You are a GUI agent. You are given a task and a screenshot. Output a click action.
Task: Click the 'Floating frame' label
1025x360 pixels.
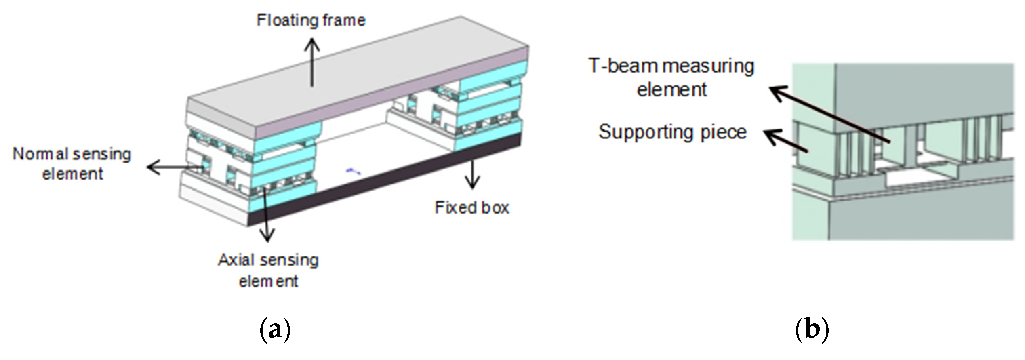tap(311, 20)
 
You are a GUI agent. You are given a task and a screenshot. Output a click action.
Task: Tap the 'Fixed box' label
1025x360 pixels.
tap(471, 208)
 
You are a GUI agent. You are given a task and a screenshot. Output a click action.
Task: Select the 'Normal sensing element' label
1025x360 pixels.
tap(72, 164)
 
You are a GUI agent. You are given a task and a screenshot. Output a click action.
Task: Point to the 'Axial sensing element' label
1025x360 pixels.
tap(268, 271)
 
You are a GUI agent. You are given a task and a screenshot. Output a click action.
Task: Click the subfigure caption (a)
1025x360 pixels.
tap(275, 330)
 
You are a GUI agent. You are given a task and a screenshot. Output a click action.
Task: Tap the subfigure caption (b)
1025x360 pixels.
tap(812, 330)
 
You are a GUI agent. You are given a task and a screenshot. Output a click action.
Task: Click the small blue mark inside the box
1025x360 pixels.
tap(353, 172)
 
